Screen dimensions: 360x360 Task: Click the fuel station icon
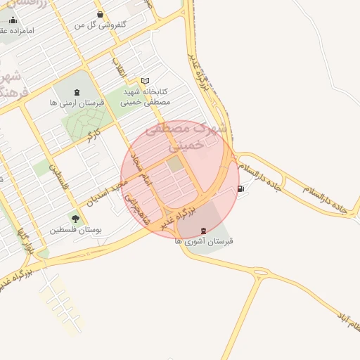242,188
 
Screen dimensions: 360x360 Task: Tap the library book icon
146,81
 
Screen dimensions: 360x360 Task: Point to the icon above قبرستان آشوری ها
204,231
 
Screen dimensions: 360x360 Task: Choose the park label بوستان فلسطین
76,230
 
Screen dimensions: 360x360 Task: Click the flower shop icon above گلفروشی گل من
101,14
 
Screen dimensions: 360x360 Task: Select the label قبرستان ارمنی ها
77,103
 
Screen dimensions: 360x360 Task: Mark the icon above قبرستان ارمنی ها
77,92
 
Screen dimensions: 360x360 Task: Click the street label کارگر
92,134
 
